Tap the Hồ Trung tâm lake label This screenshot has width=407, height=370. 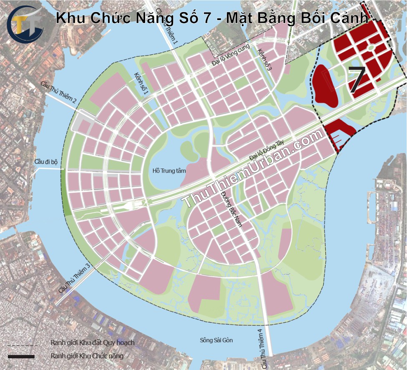(169, 171)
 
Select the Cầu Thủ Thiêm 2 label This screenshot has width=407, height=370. (58, 93)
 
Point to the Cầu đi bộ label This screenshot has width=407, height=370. (46, 161)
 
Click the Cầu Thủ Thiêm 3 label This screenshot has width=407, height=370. (74, 279)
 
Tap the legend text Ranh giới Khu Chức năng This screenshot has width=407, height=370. (87, 356)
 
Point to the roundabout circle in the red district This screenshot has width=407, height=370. (369, 48)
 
